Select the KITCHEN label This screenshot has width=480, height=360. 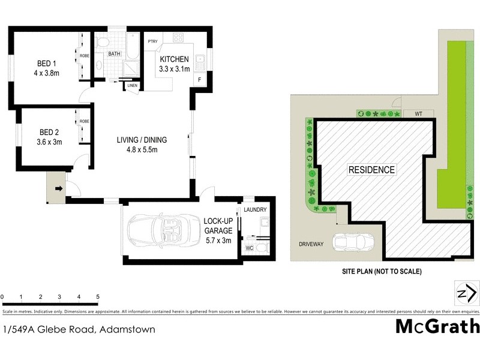tap(174, 59)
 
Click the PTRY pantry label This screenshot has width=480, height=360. tap(153, 41)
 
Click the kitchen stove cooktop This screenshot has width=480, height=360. tap(178, 38)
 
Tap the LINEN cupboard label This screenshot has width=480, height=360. tap(132, 86)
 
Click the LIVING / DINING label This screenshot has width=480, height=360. tap(142, 140)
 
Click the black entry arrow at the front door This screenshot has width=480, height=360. tap(58, 188)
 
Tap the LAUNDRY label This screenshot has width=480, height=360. tap(256, 209)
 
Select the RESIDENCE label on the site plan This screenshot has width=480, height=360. tap(372, 170)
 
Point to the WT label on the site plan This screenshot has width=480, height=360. tap(410, 113)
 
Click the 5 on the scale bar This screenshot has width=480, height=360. tap(97, 297)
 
